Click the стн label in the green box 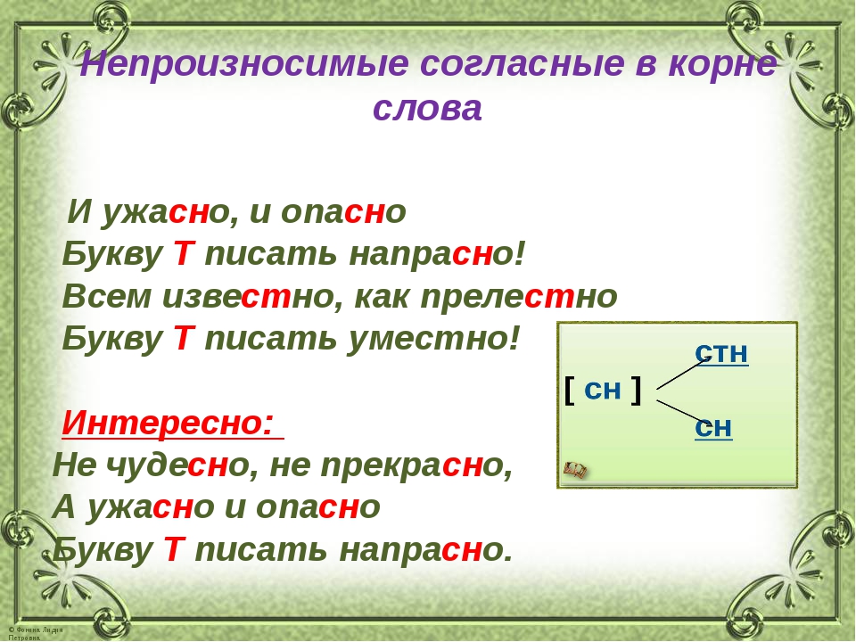click(x=721, y=354)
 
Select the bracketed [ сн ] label click(x=603, y=390)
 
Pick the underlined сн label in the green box click(x=713, y=429)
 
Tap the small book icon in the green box click(x=576, y=469)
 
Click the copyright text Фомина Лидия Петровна click(x=36, y=632)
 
